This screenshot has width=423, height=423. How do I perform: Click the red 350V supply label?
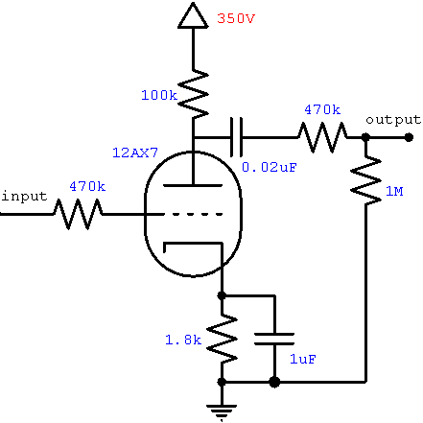pos(236,18)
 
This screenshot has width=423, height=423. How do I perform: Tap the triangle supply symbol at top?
pos(193,16)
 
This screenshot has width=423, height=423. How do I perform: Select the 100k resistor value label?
pos(159,95)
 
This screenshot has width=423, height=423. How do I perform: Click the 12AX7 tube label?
pos(135,153)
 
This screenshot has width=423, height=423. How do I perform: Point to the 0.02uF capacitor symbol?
pos(236,137)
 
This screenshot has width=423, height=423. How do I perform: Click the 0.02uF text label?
pos(270,167)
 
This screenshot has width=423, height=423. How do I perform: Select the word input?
pos(24,196)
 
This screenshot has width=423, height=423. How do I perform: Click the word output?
pos(393,120)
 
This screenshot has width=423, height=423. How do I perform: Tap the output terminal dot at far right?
pos(409,137)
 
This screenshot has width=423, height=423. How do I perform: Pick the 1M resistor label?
pos(394,191)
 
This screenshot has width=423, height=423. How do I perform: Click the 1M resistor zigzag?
pos(365,180)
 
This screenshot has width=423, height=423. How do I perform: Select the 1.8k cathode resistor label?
pos(183,340)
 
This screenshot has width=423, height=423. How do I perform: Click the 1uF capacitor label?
pos(303,359)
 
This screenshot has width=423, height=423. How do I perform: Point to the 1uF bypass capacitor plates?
pos(274,339)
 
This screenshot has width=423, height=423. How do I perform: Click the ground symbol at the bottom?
pos(222,411)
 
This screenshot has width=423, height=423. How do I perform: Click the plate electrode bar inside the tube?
pos(193,185)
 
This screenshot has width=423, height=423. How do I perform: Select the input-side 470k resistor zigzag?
pos(78,214)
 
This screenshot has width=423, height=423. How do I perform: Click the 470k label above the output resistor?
pos(322,109)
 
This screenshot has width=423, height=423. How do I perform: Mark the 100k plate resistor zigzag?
pos(193,93)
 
